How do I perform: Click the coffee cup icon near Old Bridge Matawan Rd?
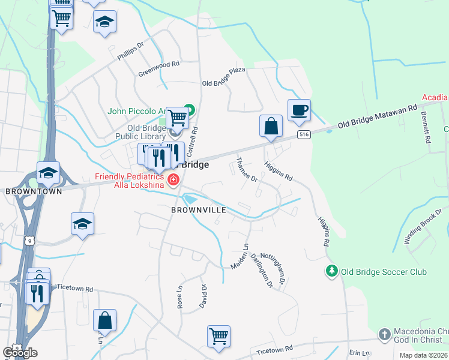coord(299,111)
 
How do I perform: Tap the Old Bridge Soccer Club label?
coord(384,272)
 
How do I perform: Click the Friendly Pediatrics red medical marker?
coord(173,179)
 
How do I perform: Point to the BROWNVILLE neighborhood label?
coord(199,211)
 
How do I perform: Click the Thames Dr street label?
coord(246,170)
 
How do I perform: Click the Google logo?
coord(20,353)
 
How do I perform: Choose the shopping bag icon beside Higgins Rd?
coord(271,127)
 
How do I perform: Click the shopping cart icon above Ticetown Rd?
coord(218,336)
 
